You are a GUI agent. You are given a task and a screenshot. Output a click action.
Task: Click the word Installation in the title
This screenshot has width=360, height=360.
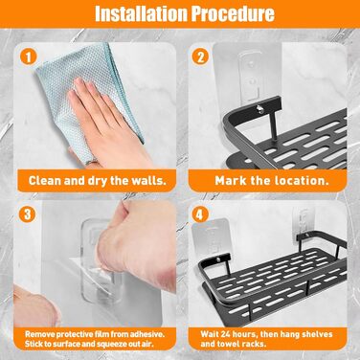click(x=141, y=13)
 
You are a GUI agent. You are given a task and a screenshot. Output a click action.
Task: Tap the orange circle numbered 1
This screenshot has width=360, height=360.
click(x=28, y=57)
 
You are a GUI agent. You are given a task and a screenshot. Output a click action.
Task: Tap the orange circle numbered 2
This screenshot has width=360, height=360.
click(x=200, y=57)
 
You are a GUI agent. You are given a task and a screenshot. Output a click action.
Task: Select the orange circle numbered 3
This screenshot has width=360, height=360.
click(x=28, y=214)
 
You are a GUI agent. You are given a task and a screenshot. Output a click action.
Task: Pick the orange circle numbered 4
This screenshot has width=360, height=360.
click(x=200, y=214)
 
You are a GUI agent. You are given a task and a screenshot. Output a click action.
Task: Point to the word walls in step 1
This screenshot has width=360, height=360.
click(x=149, y=181)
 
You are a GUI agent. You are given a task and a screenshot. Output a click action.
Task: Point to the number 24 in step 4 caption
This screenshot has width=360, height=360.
click(x=221, y=334)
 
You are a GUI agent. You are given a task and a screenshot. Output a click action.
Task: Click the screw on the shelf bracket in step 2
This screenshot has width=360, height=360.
click(x=260, y=109)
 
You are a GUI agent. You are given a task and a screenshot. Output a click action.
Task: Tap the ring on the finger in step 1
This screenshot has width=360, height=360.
click(x=92, y=162)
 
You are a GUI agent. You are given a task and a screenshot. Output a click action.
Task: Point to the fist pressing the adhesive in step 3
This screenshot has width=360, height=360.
click(x=141, y=242)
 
